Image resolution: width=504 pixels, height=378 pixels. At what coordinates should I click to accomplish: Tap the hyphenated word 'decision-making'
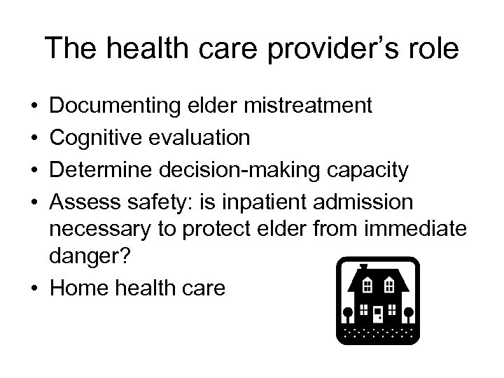point(237,169)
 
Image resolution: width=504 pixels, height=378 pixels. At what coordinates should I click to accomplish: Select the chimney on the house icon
point(363,269)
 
